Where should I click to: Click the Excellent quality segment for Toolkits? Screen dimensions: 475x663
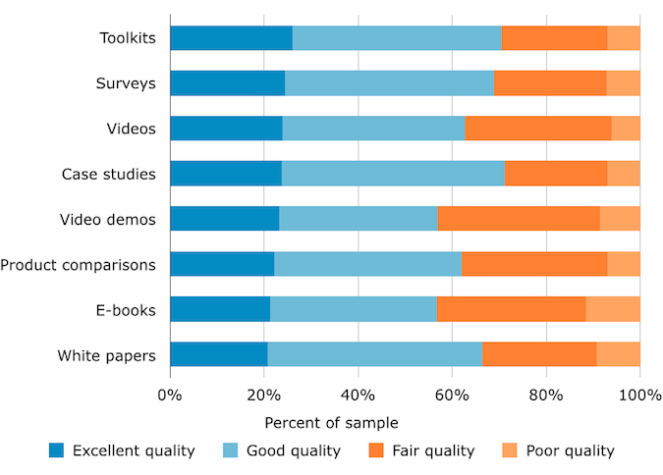coord(231,38)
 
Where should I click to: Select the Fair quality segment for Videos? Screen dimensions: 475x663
coord(538,129)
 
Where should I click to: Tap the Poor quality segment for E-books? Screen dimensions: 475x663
coord(613,309)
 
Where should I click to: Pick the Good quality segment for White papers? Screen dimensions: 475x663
coord(375,354)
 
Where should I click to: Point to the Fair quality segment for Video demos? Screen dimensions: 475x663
coord(519,219)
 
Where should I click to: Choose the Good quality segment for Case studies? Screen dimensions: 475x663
coord(393,174)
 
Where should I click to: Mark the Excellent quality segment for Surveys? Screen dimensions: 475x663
coord(227,83)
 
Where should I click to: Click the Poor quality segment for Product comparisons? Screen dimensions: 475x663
coord(624,264)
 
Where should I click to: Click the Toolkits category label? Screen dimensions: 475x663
coord(127,38)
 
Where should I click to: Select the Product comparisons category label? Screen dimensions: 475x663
coord(78,264)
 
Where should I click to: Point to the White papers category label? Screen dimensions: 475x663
coord(106,354)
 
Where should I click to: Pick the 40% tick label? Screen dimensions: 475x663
coord(358,396)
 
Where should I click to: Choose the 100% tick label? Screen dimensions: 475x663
coord(640,396)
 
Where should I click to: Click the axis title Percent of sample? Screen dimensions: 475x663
coord(331,423)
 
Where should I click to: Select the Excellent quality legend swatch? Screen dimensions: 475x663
coord(57,450)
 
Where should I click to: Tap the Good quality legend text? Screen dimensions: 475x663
coord(294,450)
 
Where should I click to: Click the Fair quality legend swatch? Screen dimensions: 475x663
coord(376,450)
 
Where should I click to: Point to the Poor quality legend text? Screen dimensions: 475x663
coord(570,450)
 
